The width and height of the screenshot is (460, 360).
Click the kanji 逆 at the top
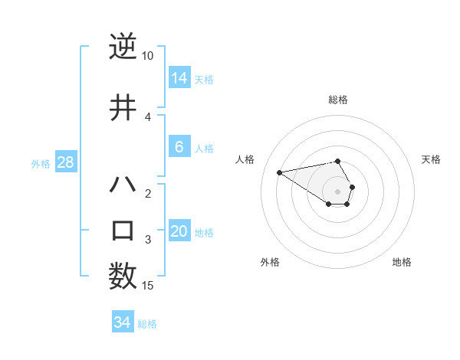coord(123,47)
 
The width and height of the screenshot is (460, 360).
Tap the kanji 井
coord(123,106)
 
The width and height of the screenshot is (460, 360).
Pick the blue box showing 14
coord(179,78)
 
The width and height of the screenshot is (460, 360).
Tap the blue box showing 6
coord(179,147)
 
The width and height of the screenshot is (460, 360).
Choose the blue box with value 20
coord(179,231)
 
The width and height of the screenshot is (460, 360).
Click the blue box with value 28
coord(66,162)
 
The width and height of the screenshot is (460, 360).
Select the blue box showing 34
coord(123,322)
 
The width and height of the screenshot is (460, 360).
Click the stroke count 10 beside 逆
coord(147,56)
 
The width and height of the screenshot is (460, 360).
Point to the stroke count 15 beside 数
coord(147,286)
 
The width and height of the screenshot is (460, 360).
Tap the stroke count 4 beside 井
coord(147,116)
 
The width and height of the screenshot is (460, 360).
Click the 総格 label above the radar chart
coord(338,100)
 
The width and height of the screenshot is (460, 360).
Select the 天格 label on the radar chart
coord(431,159)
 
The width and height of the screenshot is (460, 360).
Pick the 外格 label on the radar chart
coord(270,262)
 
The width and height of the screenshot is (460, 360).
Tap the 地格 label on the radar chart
coord(402,262)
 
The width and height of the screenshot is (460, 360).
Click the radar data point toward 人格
coord(279,172)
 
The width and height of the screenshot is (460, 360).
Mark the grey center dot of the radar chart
coord(338,191)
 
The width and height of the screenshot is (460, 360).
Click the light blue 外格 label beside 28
coord(40,163)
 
